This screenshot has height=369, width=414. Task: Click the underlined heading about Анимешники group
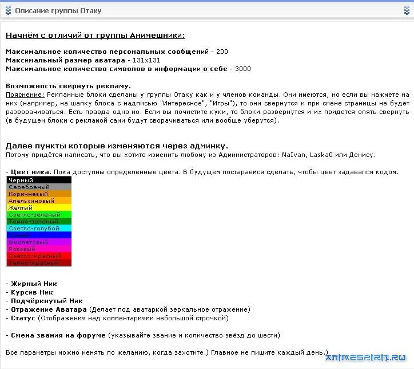95,36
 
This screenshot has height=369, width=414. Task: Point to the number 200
222,52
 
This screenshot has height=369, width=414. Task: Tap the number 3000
242,69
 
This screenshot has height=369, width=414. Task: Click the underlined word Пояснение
25,94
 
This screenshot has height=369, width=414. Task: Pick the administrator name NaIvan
292,155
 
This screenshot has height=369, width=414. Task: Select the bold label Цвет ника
30,172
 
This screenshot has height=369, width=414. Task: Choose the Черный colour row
39,180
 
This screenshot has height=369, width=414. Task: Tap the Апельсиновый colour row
39,201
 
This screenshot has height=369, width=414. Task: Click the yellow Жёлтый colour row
39,208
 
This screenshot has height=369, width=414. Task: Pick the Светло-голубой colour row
39,229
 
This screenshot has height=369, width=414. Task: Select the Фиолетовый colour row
39,242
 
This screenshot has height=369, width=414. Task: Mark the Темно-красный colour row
39,263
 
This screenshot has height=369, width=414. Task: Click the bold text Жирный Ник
33,284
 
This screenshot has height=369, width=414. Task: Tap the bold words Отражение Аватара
49,309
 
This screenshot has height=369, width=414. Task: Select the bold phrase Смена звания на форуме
58,335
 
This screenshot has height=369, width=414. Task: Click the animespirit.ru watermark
368,359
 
